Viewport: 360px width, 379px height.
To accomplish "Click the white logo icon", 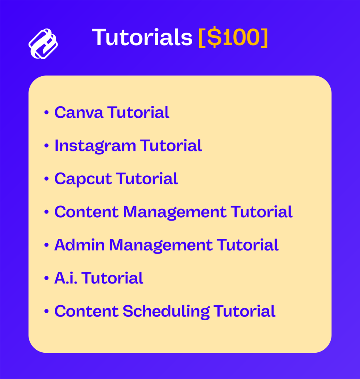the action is (x=43, y=44).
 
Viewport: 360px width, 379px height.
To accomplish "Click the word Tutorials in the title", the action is (x=142, y=37).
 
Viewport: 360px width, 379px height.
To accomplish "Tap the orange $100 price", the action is (x=233, y=37).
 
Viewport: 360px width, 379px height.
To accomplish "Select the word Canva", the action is (x=79, y=113).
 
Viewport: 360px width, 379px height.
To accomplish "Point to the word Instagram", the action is (x=95, y=146).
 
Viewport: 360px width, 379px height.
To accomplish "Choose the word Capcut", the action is (x=83, y=179).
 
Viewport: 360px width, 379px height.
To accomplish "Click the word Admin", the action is (x=80, y=245).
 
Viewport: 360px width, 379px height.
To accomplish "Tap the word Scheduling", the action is (x=166, y=311).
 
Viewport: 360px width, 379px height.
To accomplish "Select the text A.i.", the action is (x=66, y=278).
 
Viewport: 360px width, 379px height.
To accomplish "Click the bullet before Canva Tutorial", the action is (x=47, y=113).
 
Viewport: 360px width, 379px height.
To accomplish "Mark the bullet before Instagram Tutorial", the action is (x=47, y=146).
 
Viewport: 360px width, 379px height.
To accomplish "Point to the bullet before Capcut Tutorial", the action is (x=47, y=179).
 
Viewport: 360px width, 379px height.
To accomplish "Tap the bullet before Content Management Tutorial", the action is (x=47, y=212).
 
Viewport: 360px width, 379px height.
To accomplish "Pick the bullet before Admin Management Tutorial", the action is (x=47, y=245).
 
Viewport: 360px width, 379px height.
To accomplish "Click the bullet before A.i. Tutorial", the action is (x=47, y=278).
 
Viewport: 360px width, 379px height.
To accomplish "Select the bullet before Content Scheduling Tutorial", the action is (x=47, y=311).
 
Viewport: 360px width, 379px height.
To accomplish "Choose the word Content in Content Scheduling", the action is (x=87, y=311).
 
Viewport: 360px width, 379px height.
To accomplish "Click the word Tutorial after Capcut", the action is (x=147, y=179).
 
